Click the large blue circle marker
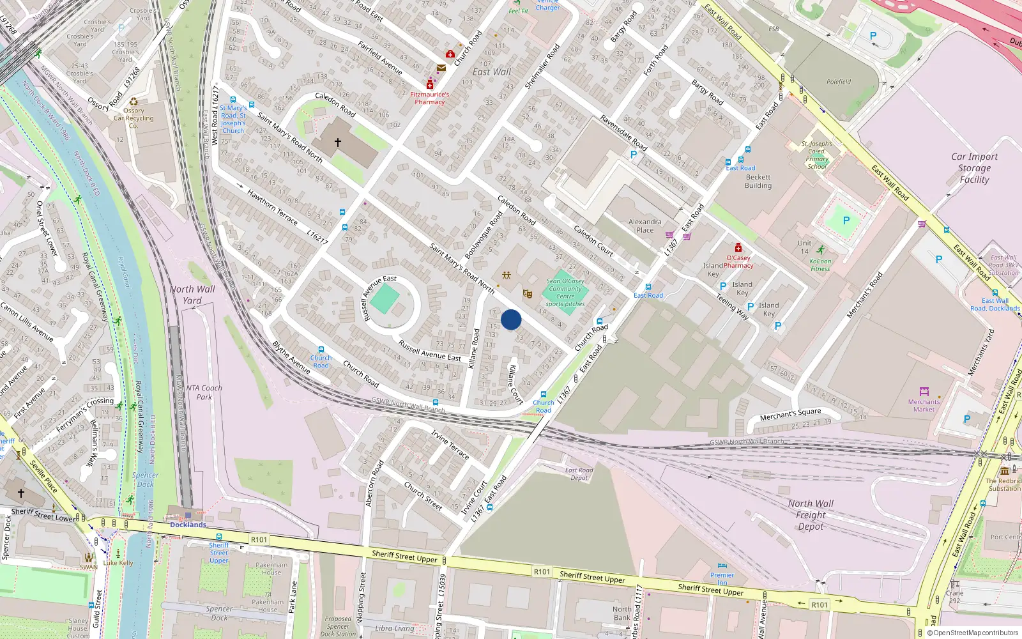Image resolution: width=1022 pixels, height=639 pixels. point(511,319)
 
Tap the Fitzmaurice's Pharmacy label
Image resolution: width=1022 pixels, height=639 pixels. point(429,98)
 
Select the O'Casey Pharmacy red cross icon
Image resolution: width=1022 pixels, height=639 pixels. point(738,248)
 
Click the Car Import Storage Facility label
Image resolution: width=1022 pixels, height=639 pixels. point(974,168)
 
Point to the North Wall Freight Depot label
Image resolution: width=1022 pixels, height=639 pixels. point(811,515)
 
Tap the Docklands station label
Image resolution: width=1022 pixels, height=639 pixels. point(188,525)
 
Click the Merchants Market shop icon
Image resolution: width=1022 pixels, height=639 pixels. point(924,391)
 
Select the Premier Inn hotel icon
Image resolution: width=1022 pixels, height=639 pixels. point(722,566)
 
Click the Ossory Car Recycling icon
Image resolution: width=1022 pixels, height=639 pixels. point(133,102)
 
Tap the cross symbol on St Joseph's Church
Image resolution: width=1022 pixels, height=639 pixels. point(338,142)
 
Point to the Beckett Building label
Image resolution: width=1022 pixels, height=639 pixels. point(758,181)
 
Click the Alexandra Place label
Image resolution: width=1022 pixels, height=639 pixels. point(644,226)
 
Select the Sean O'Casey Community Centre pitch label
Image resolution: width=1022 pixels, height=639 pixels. point(565,293)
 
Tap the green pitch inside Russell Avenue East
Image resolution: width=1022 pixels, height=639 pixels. point(385,299)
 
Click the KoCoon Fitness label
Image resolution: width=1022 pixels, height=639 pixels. point(820,265)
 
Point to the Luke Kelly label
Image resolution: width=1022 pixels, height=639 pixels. point(118,563)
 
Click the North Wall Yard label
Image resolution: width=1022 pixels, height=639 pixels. point(192,295)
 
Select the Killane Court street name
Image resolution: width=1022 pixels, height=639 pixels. point(515,384)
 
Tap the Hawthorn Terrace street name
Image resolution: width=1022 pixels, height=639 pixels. point(272,207)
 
